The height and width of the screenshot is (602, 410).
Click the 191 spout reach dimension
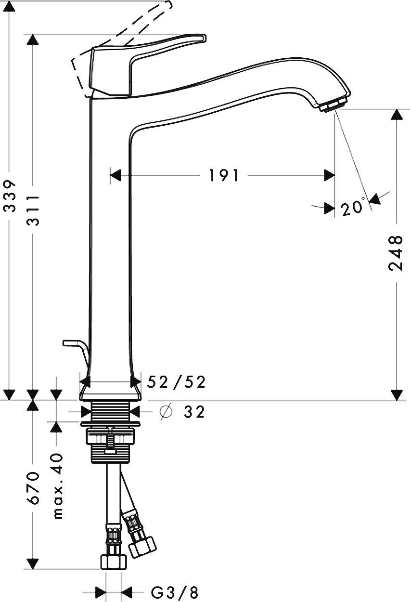(x=223, y=176)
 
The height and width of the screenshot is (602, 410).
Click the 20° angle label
(x=353, y=208)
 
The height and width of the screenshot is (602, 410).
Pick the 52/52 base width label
(x=176, y=382)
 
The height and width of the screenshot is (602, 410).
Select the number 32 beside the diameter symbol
(x=194, y=412)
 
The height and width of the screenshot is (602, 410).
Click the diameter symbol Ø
(x=165, y=412)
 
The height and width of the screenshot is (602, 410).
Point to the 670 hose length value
(x=33, y=487)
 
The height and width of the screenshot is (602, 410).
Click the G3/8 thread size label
(x=175, y=592)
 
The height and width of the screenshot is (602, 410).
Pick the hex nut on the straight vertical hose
(x=113, y=561)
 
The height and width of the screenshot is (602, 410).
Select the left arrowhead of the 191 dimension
(x=115, y=176)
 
